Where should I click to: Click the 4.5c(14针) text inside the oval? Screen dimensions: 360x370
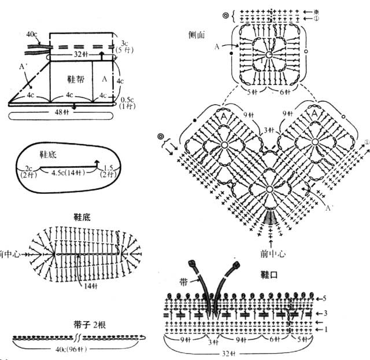[x=68, y=172]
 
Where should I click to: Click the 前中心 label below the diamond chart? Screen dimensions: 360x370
[x=269, y=253]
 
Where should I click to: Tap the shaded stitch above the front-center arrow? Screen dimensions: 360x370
[x=269, y=217]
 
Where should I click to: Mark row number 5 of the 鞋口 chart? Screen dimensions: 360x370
[x=325, y=299]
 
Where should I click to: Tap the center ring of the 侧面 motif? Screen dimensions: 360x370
[x=269, y=54]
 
